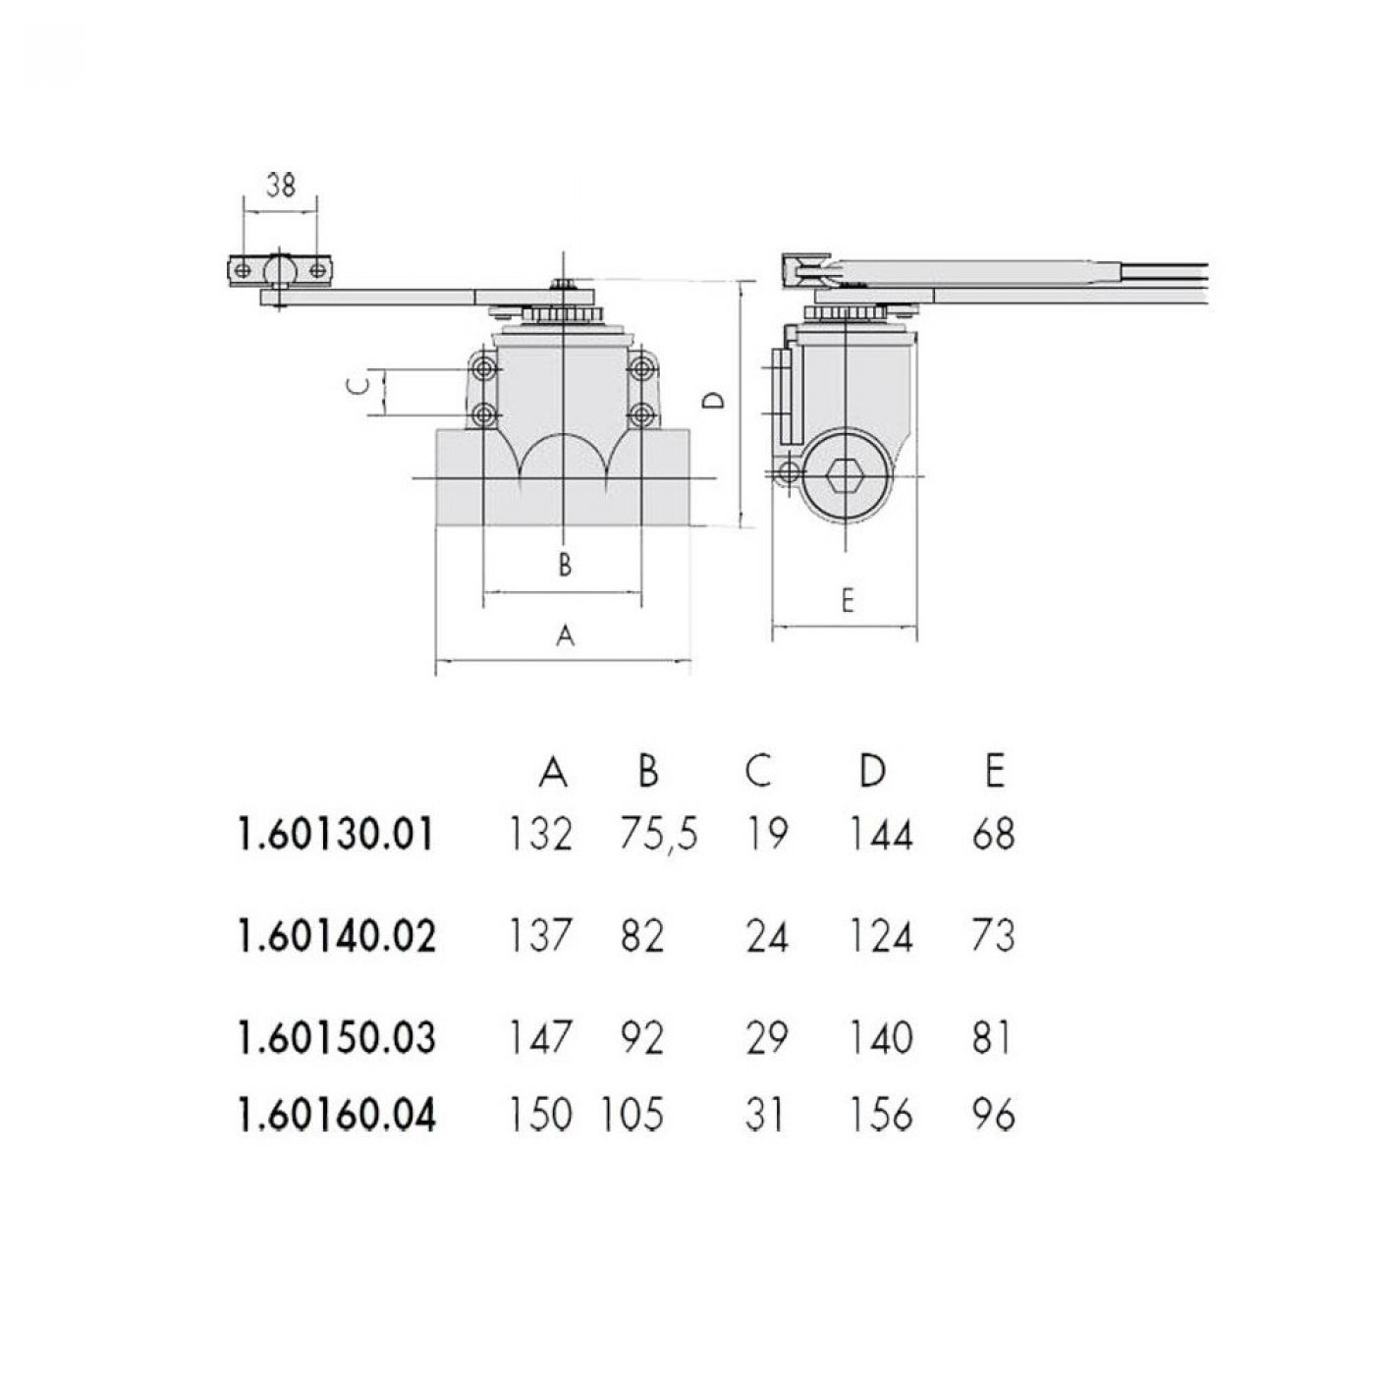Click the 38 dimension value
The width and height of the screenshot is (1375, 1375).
tap(281, 186)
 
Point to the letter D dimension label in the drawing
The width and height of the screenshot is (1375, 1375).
tap(713, 401)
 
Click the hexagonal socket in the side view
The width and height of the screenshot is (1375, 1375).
tap(847, 475)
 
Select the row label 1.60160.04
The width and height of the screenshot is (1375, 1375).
tap(335, 1116)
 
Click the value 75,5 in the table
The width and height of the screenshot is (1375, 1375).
tap(658, 835)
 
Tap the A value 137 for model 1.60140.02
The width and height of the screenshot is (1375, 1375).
tap(540, 936)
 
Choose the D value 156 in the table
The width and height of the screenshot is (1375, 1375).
tap(881, 1115)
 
